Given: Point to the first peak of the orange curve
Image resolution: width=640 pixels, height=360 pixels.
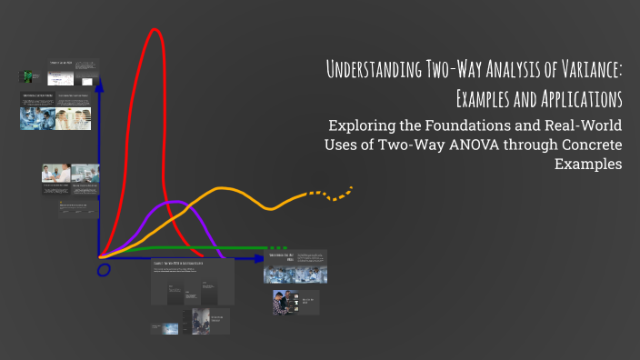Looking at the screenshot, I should pos(224,189).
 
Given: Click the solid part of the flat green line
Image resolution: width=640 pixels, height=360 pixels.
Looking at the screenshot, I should pos(200,247).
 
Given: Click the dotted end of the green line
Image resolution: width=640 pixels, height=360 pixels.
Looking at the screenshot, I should pos(280,247).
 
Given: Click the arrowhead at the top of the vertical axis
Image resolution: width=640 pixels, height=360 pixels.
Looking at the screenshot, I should pos(100,84).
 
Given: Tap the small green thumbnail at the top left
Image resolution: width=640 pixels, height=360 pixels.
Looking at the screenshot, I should pos(31,75).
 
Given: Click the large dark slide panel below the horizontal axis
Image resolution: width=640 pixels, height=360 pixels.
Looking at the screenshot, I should pos(192,281).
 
